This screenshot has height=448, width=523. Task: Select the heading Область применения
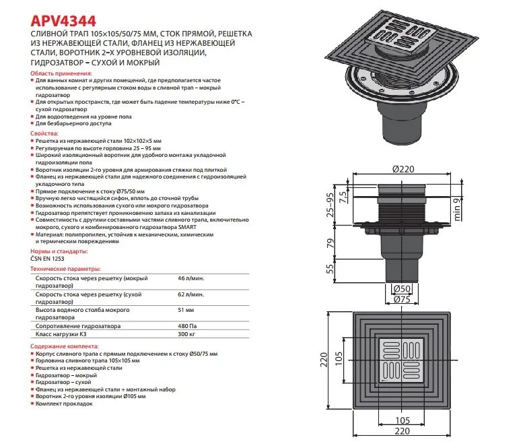[x=61, y=72]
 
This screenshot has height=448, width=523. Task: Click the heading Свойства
[x=44, y=133]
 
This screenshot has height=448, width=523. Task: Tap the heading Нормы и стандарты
[x=59, y=251]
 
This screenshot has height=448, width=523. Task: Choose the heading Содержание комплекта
[x=64, y=345]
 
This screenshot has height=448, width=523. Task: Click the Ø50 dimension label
[x=402, y=288]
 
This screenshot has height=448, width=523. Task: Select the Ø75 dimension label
[x=402, y=300]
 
